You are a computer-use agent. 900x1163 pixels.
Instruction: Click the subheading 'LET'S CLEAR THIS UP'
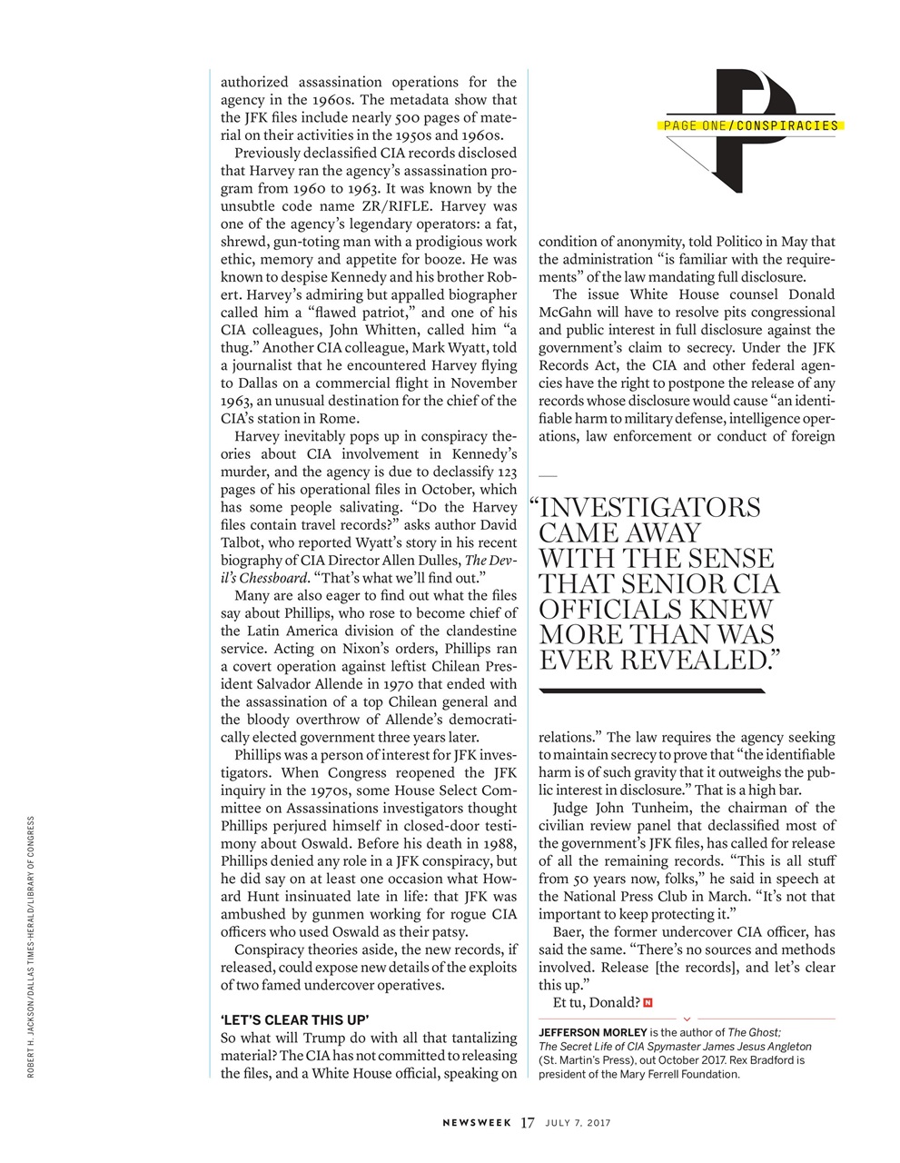[x=295, y=1019]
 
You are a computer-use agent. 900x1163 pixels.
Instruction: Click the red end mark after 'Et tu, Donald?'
[x=648, y=1002]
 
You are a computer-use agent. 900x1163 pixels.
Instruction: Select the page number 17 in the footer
[x=528, y=1123]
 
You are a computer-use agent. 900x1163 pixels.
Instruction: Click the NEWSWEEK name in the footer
[x=478, y=1123]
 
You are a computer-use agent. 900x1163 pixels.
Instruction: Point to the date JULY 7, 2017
[x=578, y=1123]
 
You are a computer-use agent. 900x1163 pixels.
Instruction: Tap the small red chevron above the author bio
[x=687, y=1019]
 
